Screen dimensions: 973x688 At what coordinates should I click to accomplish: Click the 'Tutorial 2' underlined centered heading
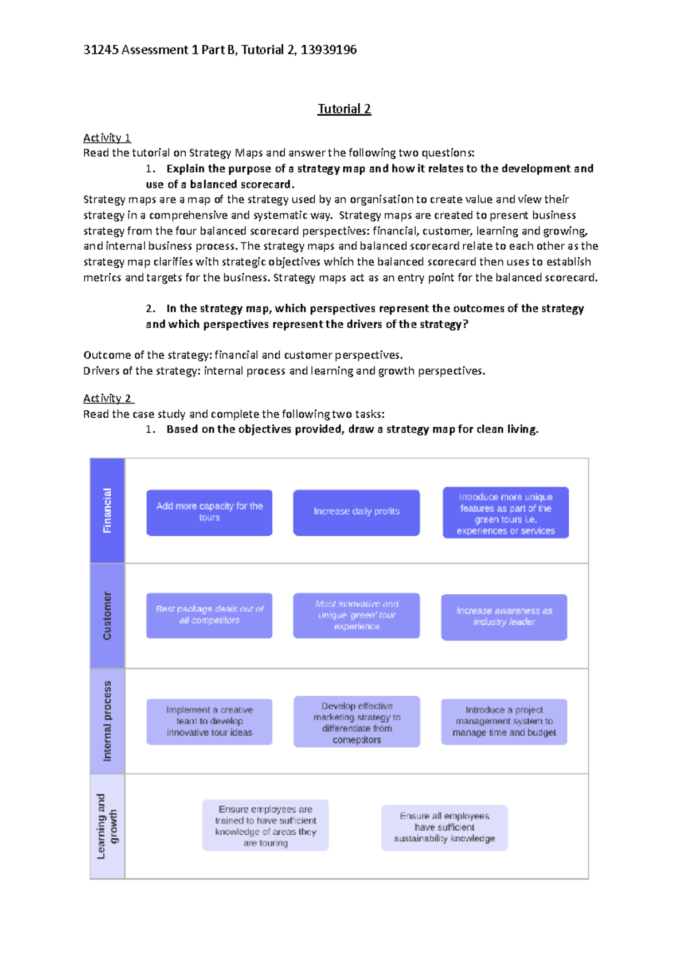click(x=344, y=109)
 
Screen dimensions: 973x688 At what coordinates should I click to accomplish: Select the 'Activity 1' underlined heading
click(x=107, y=138)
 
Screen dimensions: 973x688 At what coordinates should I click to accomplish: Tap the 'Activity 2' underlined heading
click(x=108, y=398)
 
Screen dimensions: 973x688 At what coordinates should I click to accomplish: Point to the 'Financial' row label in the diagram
click(x=107, y=510)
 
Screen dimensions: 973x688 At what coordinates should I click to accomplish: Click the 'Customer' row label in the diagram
click(x=107, y=615)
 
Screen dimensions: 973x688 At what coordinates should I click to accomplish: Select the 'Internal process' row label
click(x=107, y=721)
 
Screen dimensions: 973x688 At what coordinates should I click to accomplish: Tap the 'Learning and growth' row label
click(x=107, y=826)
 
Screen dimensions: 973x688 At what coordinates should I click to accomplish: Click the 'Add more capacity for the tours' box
click(x=209, y=512)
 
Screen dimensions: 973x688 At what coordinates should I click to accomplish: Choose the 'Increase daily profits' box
click(x=356, y=512)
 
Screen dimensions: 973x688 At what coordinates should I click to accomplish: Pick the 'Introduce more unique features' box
click(x=505, y=513)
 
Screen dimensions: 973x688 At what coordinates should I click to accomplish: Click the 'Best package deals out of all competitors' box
click(x=209, y=615)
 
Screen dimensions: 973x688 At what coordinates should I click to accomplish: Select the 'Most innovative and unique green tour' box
click(x=356, y=615)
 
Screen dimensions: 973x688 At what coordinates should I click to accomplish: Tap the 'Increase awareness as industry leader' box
click(x=504, y=617)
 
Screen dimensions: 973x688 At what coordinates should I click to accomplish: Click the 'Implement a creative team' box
click(x=209, y=721)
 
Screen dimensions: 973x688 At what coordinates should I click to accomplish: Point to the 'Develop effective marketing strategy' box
click(x=356, y=722)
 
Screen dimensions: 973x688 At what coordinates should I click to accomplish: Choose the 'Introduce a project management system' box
click(x=504, y=721)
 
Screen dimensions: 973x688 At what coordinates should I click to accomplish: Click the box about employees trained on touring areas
click(x=265, y=825)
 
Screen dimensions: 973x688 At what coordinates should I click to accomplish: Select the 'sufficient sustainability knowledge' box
click(x=444, y=827)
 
